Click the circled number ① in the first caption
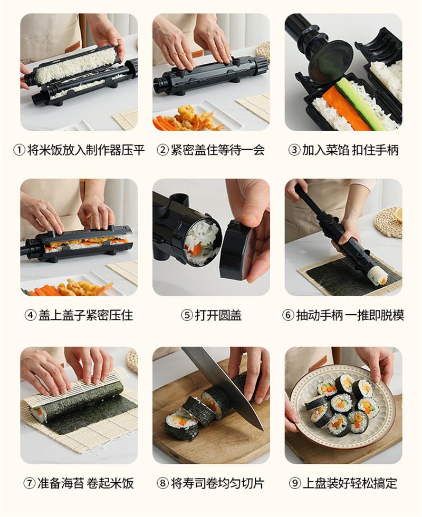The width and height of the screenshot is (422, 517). coord(19,150)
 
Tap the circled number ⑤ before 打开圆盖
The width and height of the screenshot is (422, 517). coord(187,315)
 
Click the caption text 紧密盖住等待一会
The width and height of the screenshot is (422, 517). coord(216,150)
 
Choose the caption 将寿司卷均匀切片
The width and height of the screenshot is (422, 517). coord(217,483)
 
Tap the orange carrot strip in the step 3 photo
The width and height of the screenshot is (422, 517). coord(346,108)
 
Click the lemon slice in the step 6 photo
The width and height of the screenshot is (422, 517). coord(399,214)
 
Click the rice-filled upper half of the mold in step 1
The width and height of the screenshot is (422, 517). coord(76,65)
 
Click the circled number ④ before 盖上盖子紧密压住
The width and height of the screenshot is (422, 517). coord(31,315)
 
